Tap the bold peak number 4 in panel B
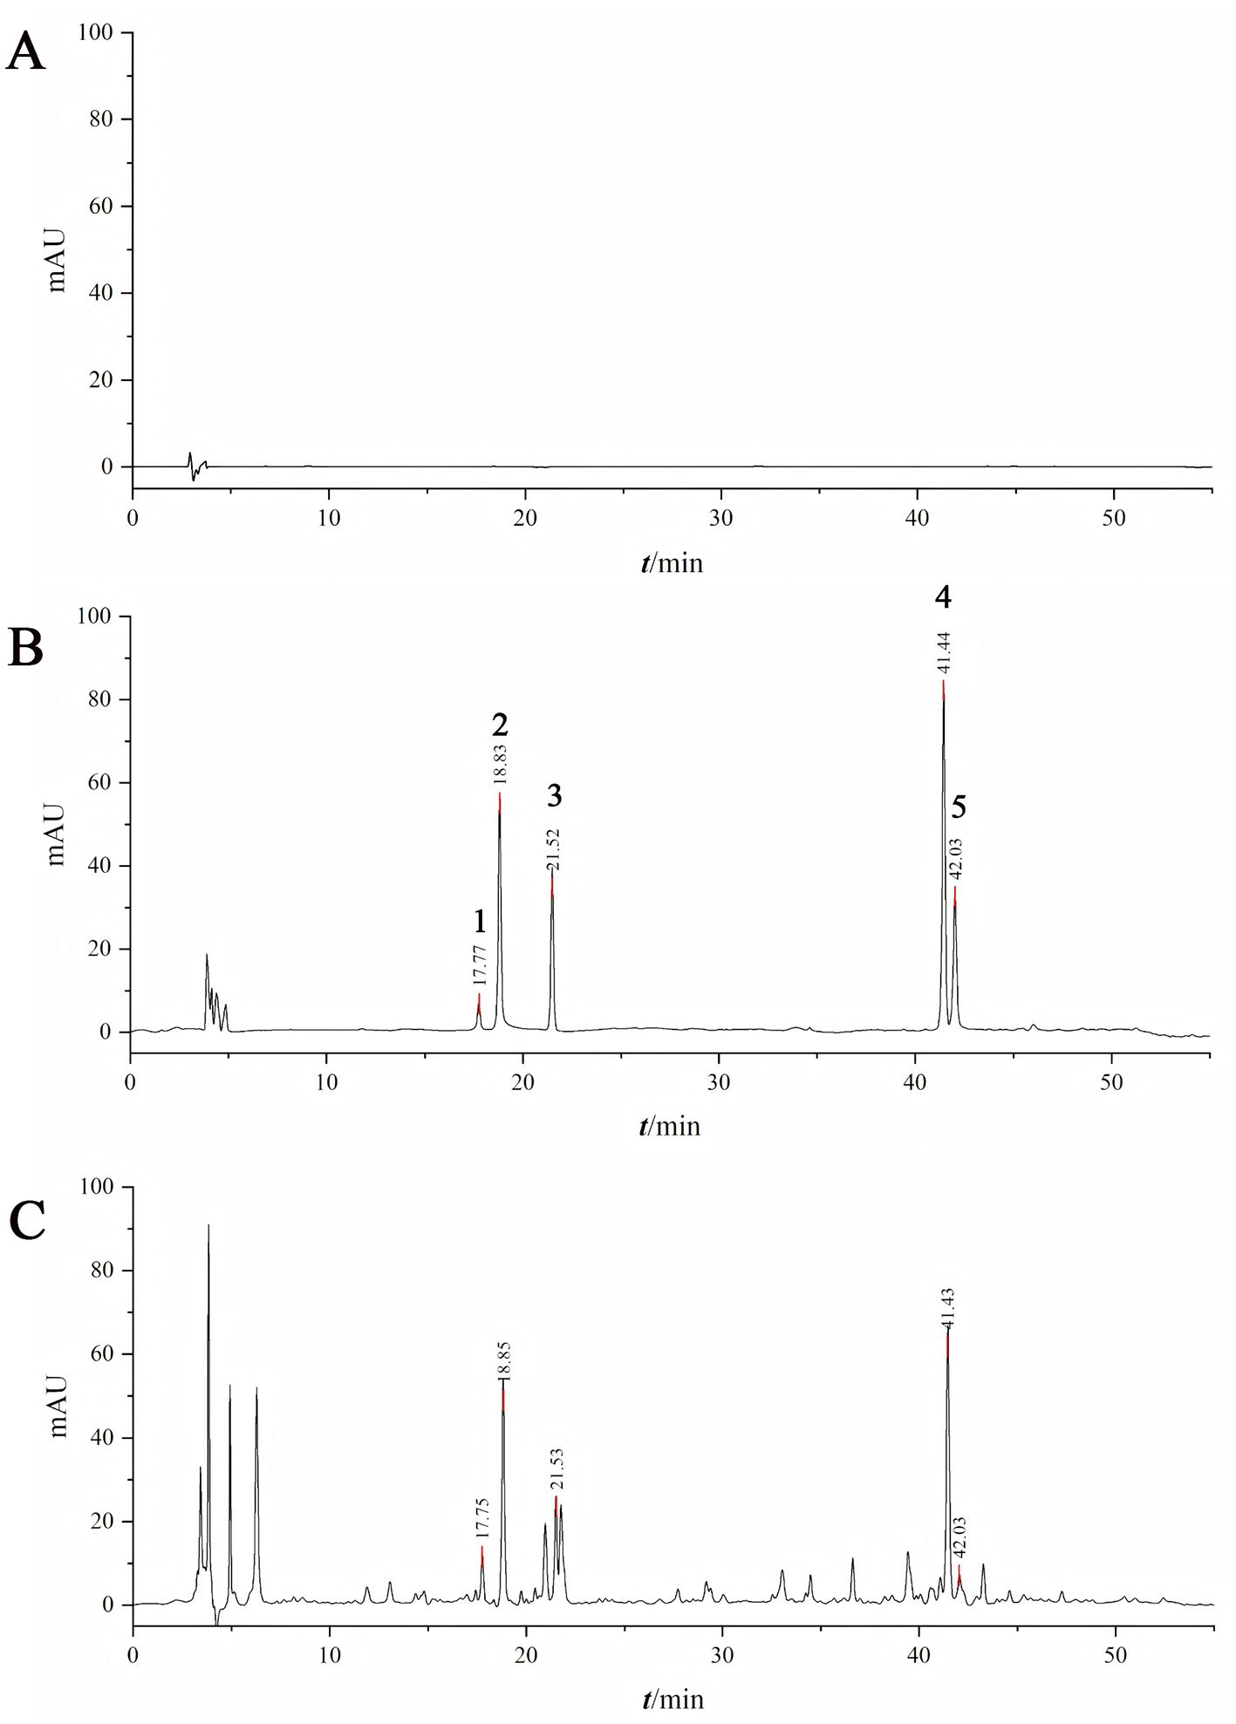point(943,597)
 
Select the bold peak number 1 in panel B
point(480,922)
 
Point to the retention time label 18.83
point(501,765)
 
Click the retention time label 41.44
point(944,652)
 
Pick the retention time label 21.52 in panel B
point(553,849)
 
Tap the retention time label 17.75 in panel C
point(481,1518)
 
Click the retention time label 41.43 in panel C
point(948,1307)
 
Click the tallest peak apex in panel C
point(208,1226)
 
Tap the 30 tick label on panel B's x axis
point(719,1082)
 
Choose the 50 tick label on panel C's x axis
point(1116,1655)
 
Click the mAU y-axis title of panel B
point(57,835)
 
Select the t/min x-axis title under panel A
point(672,563)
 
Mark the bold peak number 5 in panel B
point(959,808)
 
